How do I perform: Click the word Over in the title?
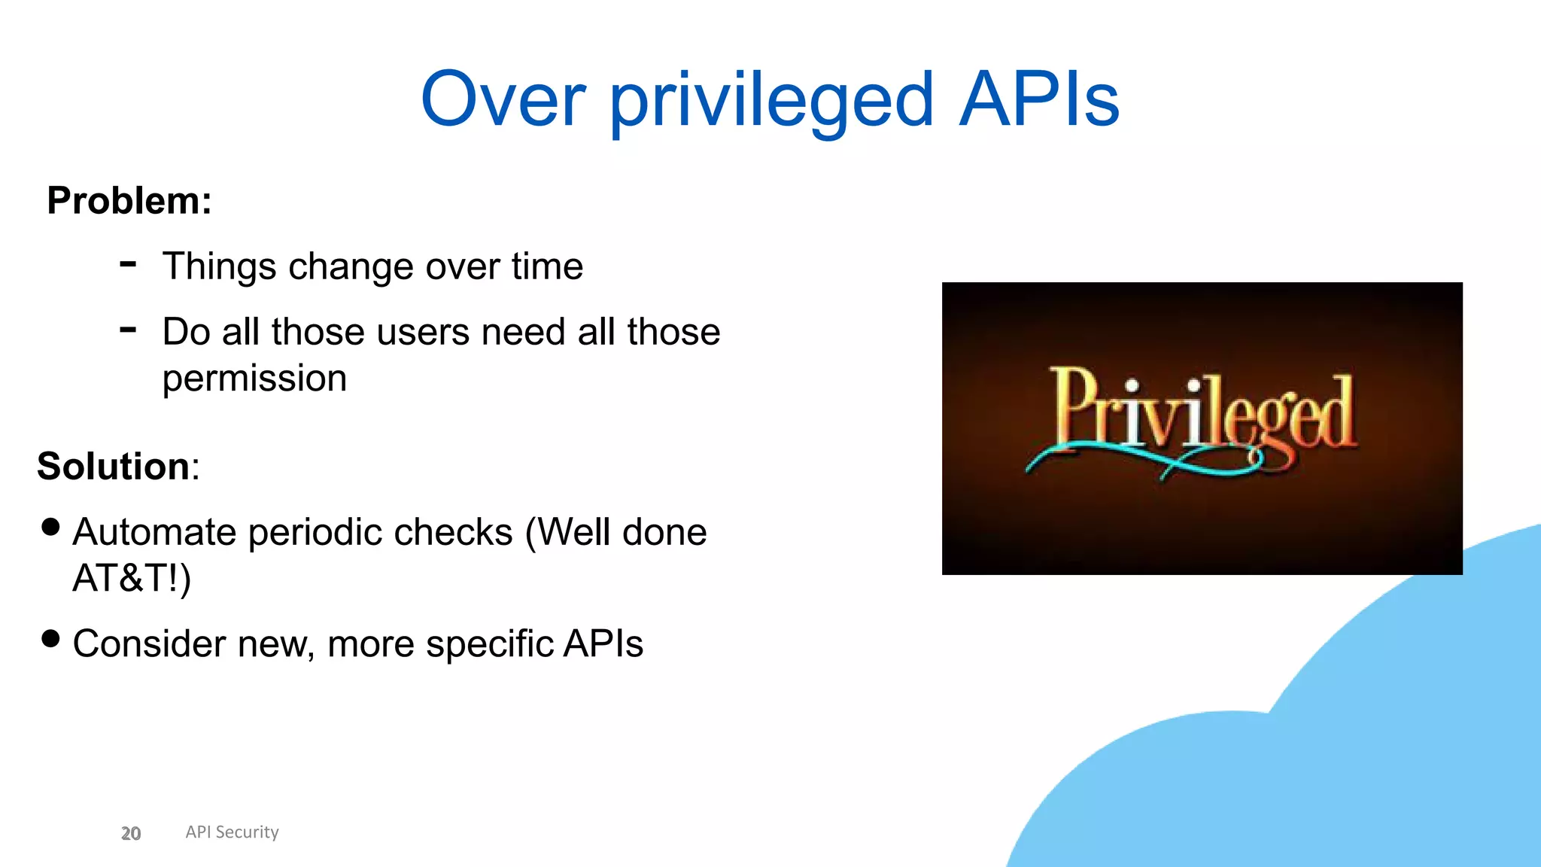(x=503, y=99)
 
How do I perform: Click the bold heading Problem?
(x=129, y=201)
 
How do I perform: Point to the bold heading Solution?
(x=114, y=466)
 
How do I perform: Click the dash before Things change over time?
(x=128, y=264)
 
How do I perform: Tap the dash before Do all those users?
(x=128, y=330)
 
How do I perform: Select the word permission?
(x=254, y=379)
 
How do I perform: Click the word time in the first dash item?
(x=547, y=266)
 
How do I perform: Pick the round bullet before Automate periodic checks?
(x=50, y=527)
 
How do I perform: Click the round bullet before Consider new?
(x=50, y=639)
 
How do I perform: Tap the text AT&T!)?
(x=132, y=579)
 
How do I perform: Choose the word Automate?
(x=154, y=533)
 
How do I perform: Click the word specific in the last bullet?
(x=490, y=644)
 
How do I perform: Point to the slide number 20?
(x=131, y=833)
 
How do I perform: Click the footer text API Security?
(x=232, y=832)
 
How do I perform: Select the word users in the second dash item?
(x=422, y=332)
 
